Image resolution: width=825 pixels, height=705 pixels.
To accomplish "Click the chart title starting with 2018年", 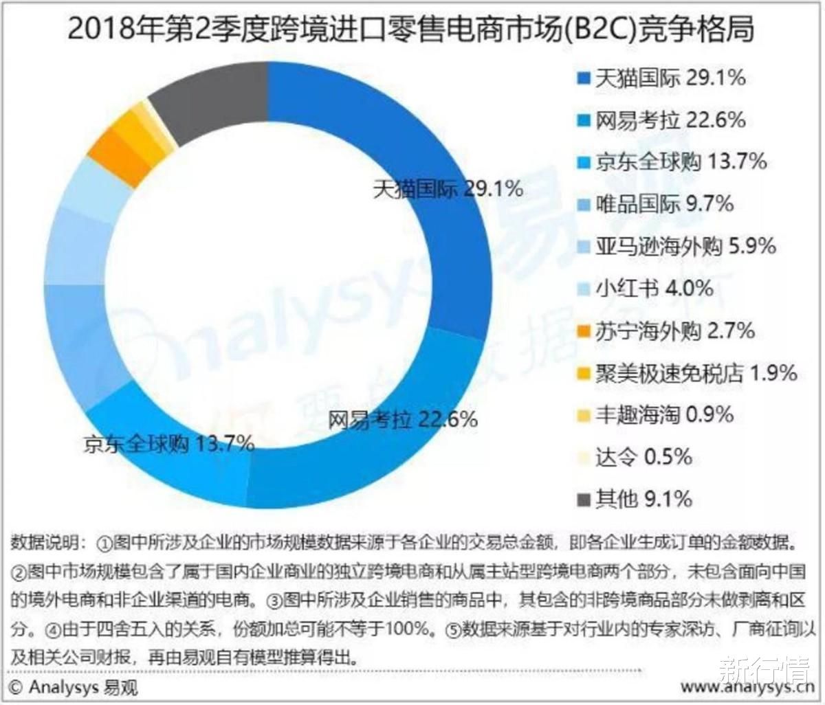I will click(x=410, y=30).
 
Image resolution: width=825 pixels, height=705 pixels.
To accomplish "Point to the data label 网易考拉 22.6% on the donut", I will click(x=402, y=418).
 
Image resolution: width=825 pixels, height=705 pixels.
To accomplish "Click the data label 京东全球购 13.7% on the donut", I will click(x=168, y=444).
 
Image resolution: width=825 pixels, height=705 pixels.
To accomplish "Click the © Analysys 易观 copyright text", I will click(x=74, y=686).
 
